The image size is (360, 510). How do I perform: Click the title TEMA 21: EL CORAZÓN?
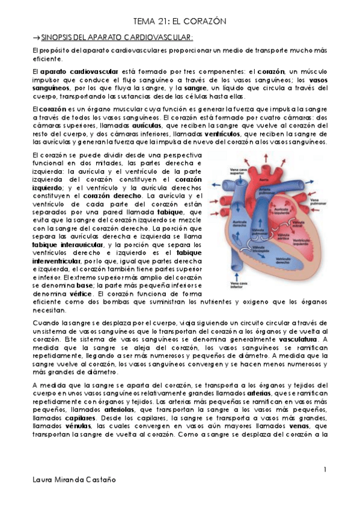tap(179, 21)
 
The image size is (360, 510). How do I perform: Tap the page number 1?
tap(325, 469)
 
